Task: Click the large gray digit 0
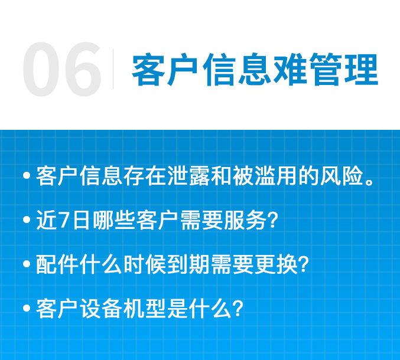tap(41, 69)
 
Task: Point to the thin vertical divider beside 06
tap(113, 69)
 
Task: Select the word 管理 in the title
tap(344, 69)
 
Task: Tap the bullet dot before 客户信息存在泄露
tap(27, 176)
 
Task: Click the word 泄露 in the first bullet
tap(189, 176)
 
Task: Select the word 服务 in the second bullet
tap(245, 220)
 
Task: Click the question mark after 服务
tap(273, 220)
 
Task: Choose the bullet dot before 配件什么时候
tap(27, 264)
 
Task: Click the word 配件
tap(57, 264)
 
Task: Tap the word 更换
tap(276, 264)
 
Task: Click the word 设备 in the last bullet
tap(101, 308)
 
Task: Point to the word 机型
tap(145, 308)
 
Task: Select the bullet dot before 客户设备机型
tap(27, 308)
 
